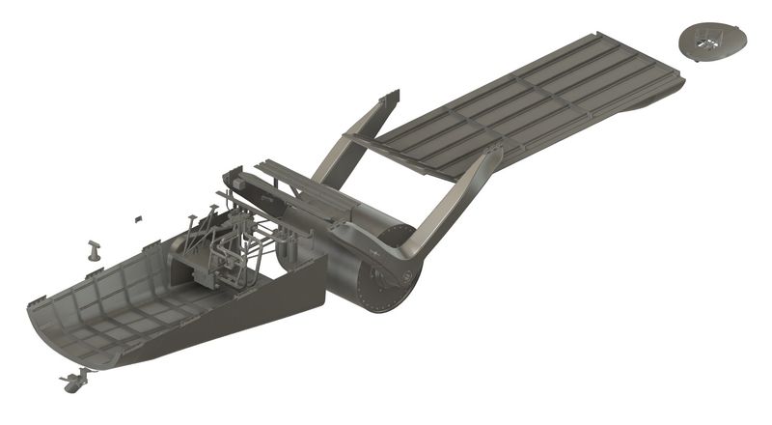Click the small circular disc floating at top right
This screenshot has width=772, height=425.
[713, 42]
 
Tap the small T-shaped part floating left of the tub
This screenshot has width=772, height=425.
[95, 250]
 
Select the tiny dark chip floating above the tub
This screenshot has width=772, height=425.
[138, 218]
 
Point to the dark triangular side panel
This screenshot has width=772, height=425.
[261, 309]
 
